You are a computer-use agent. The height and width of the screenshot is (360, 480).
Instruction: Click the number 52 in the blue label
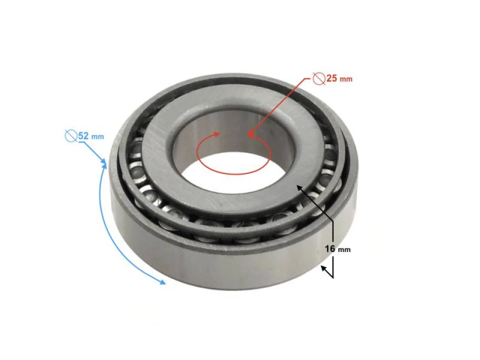click(84, 135)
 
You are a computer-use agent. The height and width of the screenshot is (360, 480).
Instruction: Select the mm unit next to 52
click(98, 136)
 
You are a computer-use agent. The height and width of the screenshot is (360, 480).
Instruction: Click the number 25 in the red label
click(332, 78)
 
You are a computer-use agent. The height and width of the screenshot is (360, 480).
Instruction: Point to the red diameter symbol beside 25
click(318, 78)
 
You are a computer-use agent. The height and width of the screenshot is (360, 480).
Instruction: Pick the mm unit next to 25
click(346, 79)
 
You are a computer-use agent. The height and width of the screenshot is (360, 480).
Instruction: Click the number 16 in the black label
click(330, 249)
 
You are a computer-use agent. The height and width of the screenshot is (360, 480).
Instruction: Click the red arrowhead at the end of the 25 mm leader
click(250, 134)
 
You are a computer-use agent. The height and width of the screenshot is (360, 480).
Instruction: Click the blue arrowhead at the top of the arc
click(104, 163)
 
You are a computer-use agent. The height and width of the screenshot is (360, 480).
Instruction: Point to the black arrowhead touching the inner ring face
click(299, 187)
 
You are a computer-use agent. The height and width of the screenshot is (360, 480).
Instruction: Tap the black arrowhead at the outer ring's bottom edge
click(323, 268)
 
